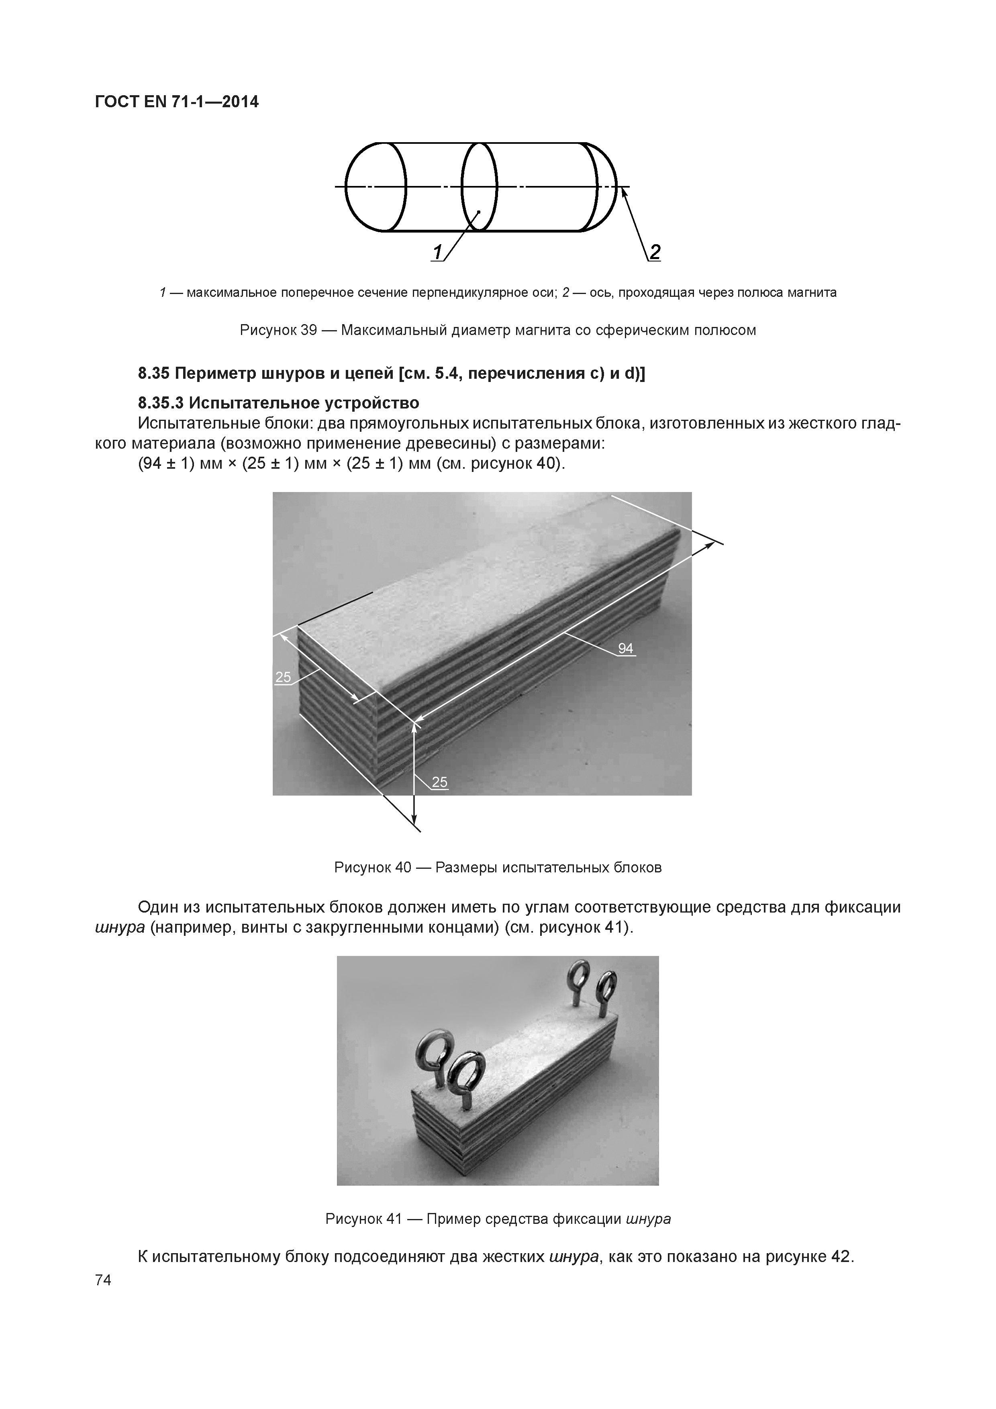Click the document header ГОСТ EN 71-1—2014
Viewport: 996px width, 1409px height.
click(x=177, y=102)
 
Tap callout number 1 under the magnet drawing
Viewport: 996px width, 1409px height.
click(x=437, y=252)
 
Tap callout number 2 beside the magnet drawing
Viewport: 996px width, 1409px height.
click(x=655, y=252)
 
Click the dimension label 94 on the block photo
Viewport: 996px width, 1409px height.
click(x=625, y=648)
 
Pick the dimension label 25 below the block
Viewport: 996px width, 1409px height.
click(x=439, y=782)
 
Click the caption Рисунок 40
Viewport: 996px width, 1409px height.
click(x=373, y=867)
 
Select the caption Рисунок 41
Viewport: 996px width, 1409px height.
click(x=363, y=1219)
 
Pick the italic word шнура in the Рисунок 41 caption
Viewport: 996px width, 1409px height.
click(x=649, y=1219)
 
